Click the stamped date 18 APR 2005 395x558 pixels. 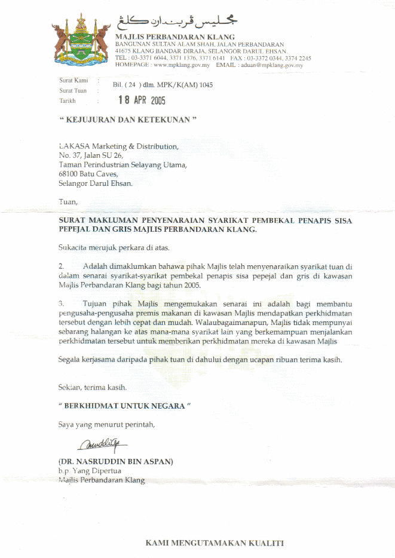[142, 100]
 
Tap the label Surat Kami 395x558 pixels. [73, 80]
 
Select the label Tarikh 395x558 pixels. [68, 101]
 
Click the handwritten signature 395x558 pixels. [102, 444]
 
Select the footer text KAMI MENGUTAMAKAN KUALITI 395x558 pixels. [215, 543]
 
